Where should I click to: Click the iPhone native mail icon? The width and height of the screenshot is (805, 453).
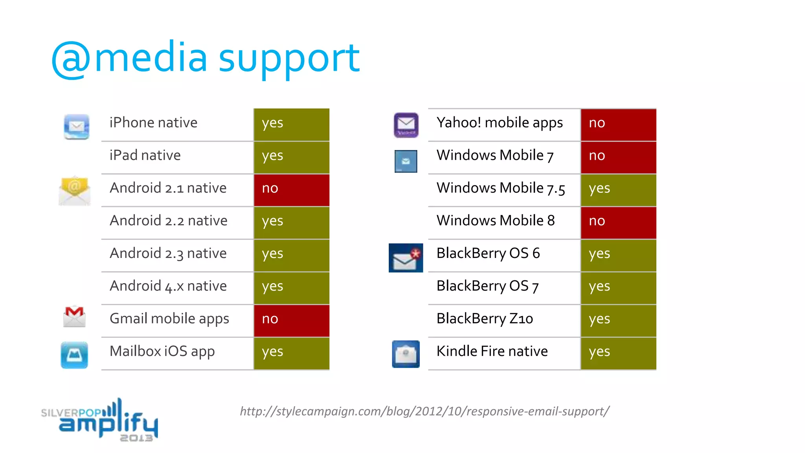click(77, 127)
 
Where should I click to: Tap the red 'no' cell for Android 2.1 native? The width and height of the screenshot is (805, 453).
click(291, 190)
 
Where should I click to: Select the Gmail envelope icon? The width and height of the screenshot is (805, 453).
click(74, 317)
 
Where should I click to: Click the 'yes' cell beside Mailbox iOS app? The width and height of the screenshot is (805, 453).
click(291, 353)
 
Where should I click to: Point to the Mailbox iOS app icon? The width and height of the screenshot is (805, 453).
click(74, 355)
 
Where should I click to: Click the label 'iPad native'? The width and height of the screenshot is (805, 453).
click(145, 155)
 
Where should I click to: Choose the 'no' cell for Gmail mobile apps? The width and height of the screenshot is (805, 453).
click(291, 320)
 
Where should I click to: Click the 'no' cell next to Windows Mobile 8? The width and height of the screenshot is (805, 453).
click(618, 222)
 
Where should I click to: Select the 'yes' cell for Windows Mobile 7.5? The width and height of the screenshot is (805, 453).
click(618, 190)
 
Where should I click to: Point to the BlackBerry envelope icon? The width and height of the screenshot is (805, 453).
click(406, 258)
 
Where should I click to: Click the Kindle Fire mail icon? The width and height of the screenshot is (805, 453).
click(406, 354)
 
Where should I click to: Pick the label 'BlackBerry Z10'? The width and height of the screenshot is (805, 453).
click(485, 319)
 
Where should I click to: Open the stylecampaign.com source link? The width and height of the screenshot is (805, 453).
click(425, 411)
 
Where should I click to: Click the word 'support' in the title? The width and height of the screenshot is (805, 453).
click(289, 59)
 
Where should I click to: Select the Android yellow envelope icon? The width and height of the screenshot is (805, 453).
click(75, 191)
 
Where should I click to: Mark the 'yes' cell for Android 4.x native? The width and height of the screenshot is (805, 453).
click(291, 287)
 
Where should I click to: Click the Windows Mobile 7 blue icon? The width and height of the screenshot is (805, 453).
click(406, 161)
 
